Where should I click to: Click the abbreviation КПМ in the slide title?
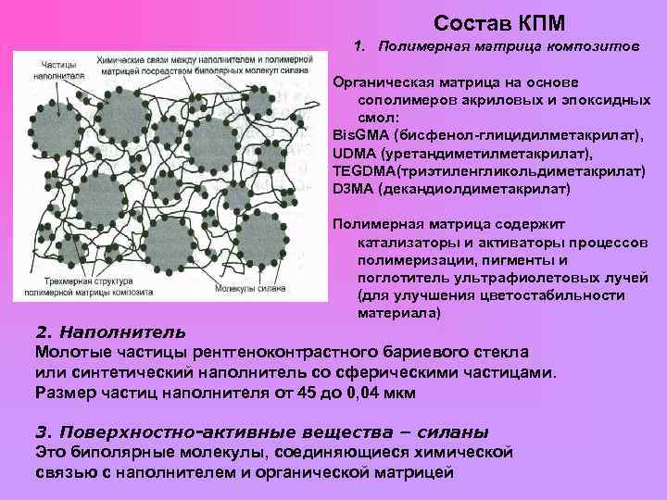click(539, 21)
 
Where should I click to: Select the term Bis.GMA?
click(361, 135)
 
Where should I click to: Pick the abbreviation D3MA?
click(352, 189)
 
